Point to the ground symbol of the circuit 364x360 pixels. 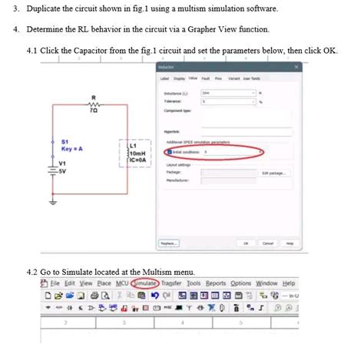tap(53, 202)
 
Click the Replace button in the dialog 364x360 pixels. tap(169, 243)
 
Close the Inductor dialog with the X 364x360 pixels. tap(296, 67)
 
